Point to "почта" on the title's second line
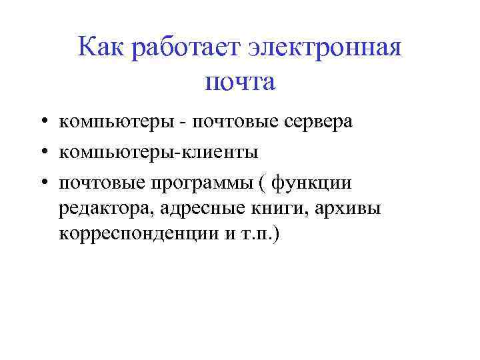click(x=240, y=83)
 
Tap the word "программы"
click(x=219, y=183)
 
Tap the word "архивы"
click(x=351, y=209)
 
